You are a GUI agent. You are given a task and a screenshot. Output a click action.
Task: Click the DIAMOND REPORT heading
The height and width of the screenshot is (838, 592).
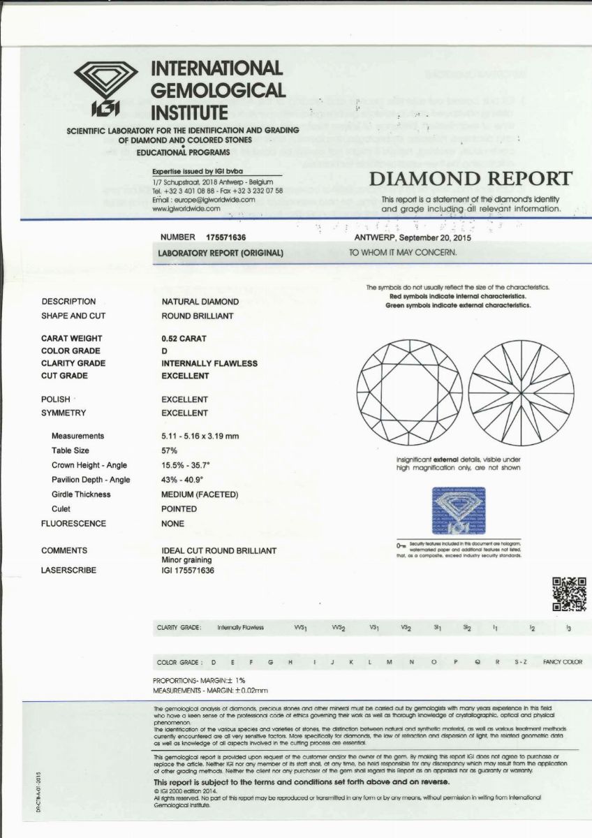coord(471,179)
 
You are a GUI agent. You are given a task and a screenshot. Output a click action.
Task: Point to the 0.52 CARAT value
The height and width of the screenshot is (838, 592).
coord(184,338)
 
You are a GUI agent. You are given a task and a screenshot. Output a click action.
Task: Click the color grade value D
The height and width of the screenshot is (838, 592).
coord(165,351)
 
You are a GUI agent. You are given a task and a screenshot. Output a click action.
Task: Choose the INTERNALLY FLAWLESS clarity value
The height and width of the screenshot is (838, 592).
coord(209,363)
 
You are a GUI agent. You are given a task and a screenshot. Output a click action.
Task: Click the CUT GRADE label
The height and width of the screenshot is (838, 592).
coord(65,376)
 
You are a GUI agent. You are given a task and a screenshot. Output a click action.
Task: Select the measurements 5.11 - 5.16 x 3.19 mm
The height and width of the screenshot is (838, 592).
coord(200,436)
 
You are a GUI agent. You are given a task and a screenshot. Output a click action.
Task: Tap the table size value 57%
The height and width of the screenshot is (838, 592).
coord(170,450)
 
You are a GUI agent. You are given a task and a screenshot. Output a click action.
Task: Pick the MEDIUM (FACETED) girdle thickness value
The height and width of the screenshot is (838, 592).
coord(200,494)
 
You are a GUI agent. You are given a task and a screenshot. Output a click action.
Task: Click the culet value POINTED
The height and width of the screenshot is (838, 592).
coord(179,509)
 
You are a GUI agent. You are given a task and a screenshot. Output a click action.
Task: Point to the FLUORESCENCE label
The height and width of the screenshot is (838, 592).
coord(74,523)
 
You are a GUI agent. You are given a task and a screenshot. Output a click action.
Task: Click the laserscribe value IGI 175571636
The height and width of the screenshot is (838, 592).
coord(188,570)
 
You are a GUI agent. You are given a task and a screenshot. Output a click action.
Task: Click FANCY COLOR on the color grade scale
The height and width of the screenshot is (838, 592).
coord(562,662)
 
